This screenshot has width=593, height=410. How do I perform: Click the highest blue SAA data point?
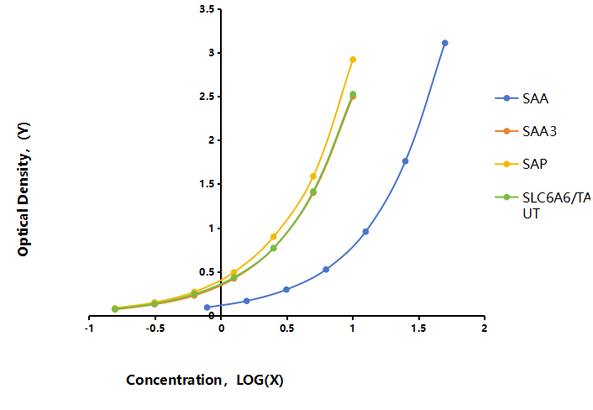(445, 43)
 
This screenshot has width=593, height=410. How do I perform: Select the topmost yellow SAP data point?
(353, 60)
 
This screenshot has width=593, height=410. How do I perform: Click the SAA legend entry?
(522, 98)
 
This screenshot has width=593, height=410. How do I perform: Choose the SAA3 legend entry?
(526, 131)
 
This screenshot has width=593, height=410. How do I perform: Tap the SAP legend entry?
(521, 164)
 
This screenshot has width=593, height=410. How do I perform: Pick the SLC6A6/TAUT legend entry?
(543, 205)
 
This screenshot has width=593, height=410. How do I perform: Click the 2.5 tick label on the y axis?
(207, 97)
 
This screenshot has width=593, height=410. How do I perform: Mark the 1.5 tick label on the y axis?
(207, 184)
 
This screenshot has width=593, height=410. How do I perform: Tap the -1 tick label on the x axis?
(89, 329)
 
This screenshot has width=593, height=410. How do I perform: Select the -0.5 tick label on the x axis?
(155, 329)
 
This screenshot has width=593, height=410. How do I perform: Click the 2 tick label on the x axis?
(484, 329)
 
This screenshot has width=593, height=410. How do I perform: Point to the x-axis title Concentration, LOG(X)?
(205, 380)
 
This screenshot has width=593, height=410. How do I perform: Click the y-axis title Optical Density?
(24, 189)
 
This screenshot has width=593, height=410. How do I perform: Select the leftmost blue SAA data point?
(207, 307)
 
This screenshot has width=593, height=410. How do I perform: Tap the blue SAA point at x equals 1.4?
(406, 161)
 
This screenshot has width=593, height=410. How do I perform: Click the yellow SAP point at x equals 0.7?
(313, 176)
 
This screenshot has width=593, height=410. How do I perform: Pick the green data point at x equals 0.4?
(274, 248)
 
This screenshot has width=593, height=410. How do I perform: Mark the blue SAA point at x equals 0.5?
(286, 290)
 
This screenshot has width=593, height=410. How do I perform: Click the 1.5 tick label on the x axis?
(418, 329)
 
